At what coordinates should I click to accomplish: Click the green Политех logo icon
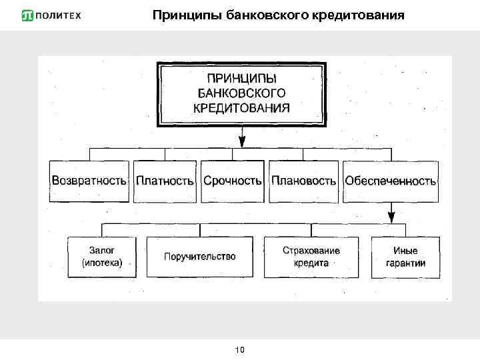pyautogui.click(x=28, y=15)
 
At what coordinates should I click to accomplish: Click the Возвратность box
pyautogui.click(x=89, y=181)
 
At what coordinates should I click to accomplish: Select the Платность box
pyautogui.click(x=165, y=181)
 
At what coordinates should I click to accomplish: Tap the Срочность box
pyautogui.click(x=233, y=181)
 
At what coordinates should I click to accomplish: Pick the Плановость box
pyautogui.click(x=303, y=181)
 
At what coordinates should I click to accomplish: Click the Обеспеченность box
pyautogui.click(x=390, y=181)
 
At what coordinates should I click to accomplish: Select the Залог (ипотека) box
pyautogui.click(x=101, y=257)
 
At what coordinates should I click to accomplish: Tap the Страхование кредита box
pyautogui.click(x=311, y=257)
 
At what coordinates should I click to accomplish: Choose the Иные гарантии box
pyautogui.click(x=405, y=257)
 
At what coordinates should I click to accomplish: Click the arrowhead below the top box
pyautogui.click(x=241, y=142)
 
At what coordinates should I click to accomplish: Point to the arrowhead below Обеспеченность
pyautogui.click(x=391, y=218)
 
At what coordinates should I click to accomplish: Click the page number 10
pyautogui.click(x=240, y=349)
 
